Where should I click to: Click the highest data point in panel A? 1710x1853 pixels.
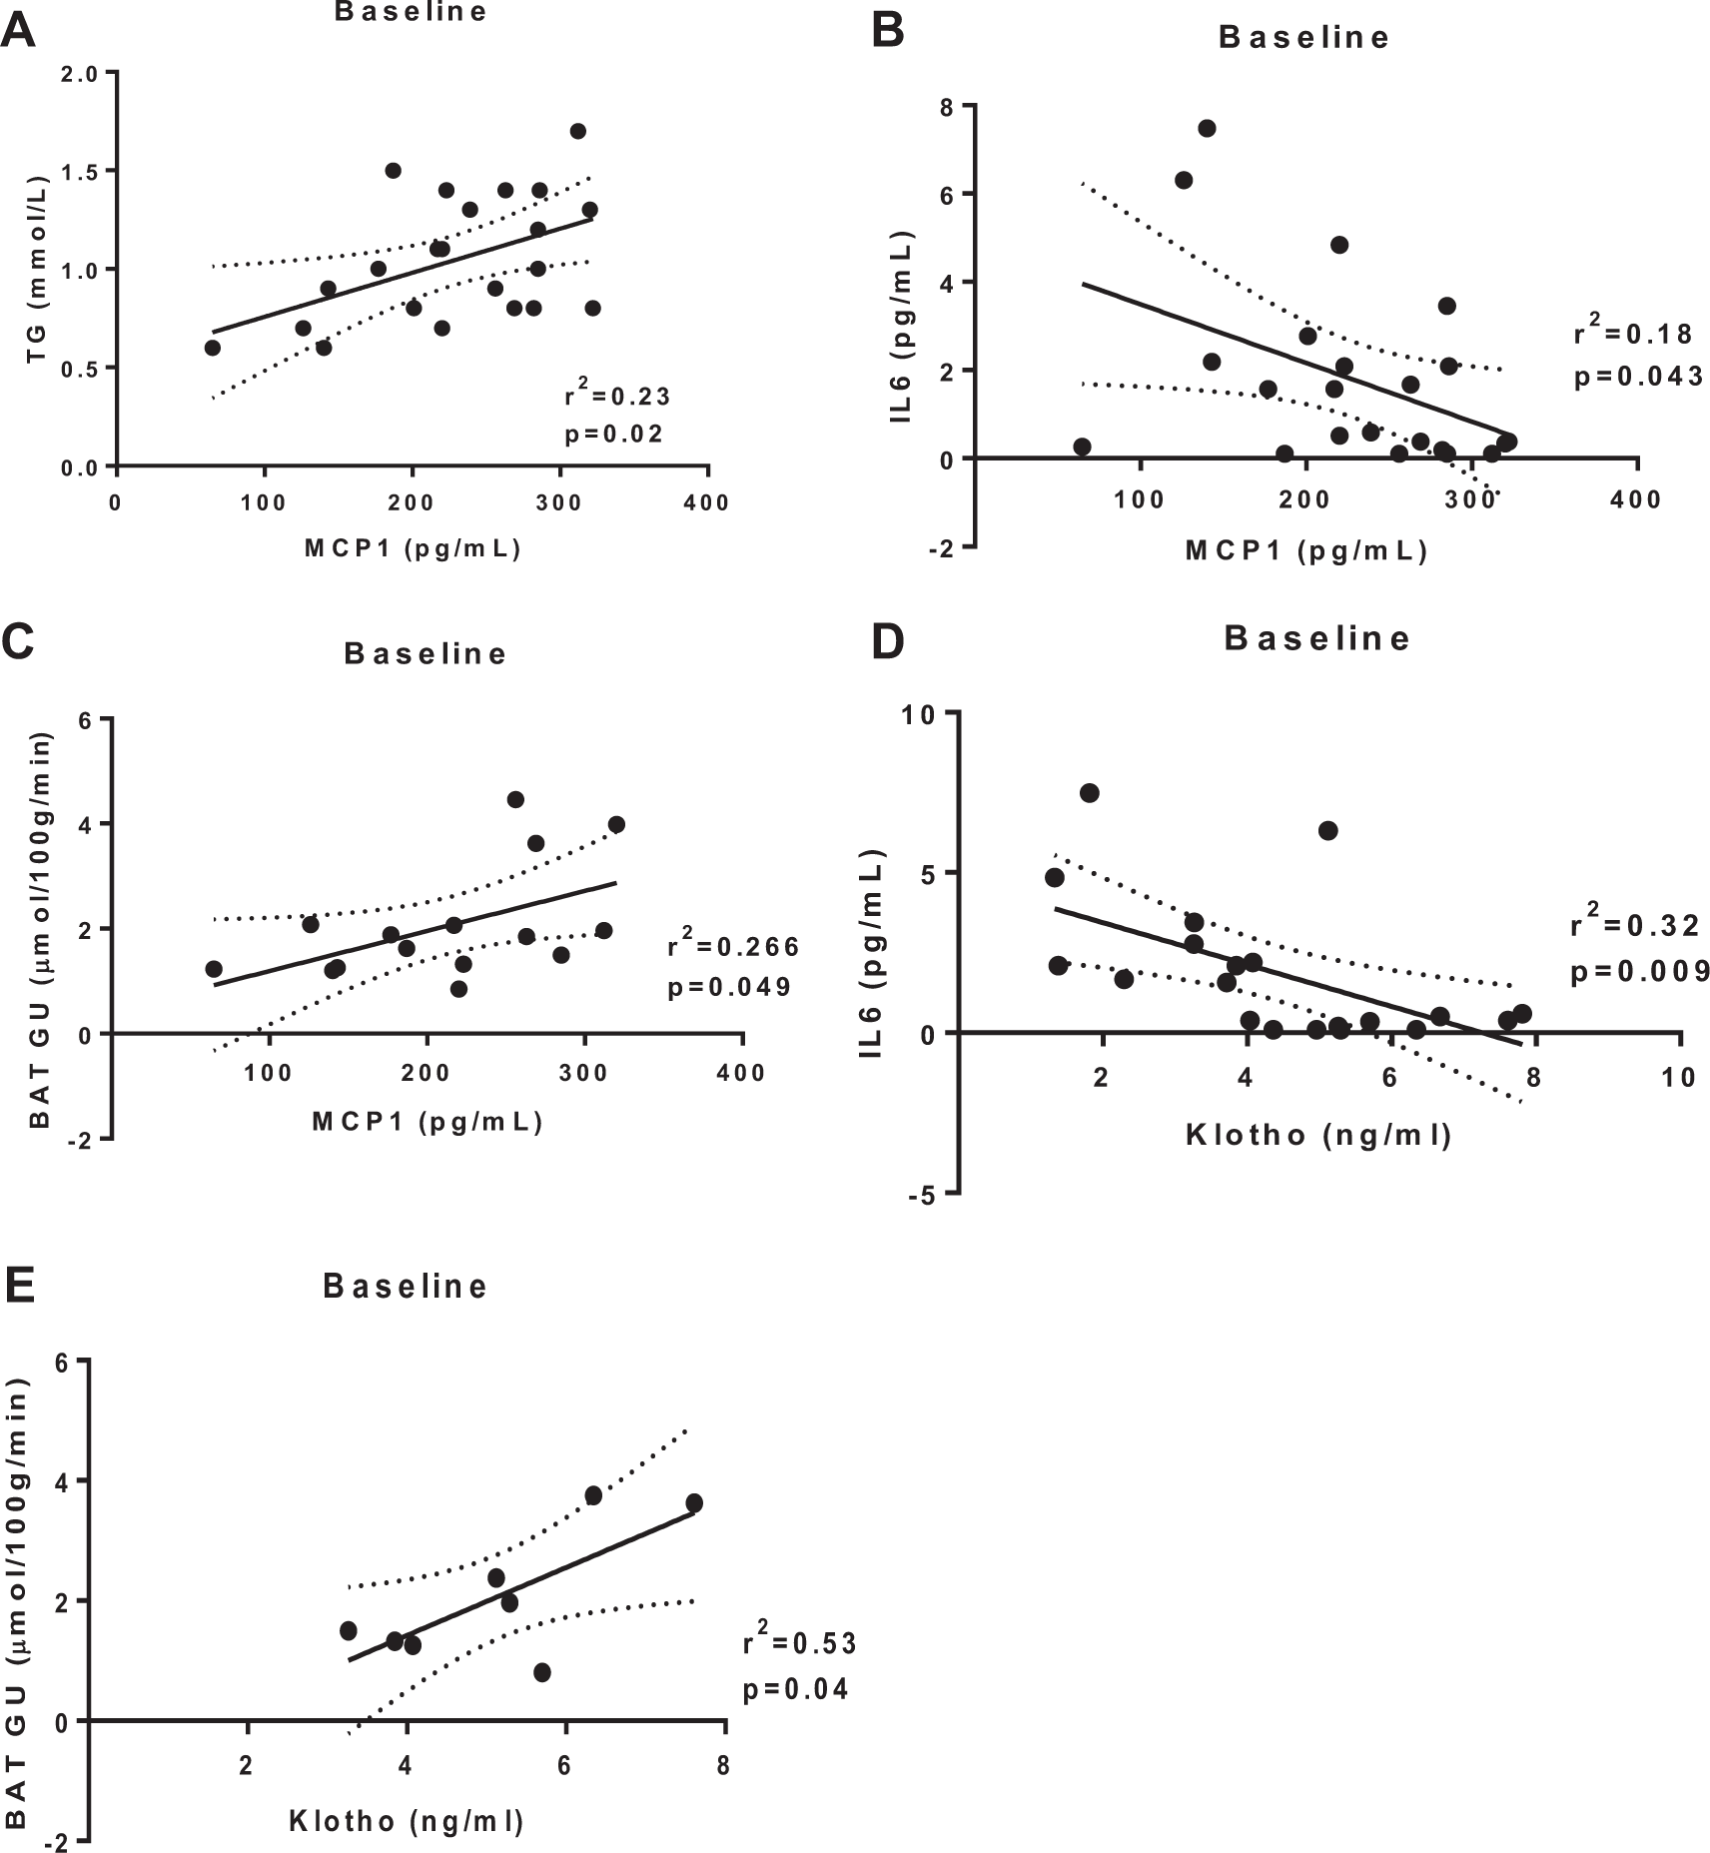pos(577,131)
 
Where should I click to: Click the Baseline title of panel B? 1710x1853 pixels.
pos(1304,38)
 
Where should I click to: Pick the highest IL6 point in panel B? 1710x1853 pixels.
pos(1207,128)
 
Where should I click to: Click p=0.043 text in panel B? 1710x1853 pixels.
pos(1638,377)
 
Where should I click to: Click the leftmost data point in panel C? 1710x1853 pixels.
pos(213,969)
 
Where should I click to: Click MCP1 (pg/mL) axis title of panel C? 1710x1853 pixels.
pos(427,1122)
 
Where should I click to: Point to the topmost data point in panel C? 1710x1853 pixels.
pos(515,799)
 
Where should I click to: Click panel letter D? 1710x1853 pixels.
pos(887,642)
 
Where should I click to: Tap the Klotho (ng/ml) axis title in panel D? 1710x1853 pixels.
pos(1317,1136)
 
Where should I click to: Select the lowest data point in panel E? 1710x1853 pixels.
pos(542,1672)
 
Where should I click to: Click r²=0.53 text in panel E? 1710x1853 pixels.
pos(799,1643)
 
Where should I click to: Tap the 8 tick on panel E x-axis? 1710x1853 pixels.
pos(724,1765)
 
